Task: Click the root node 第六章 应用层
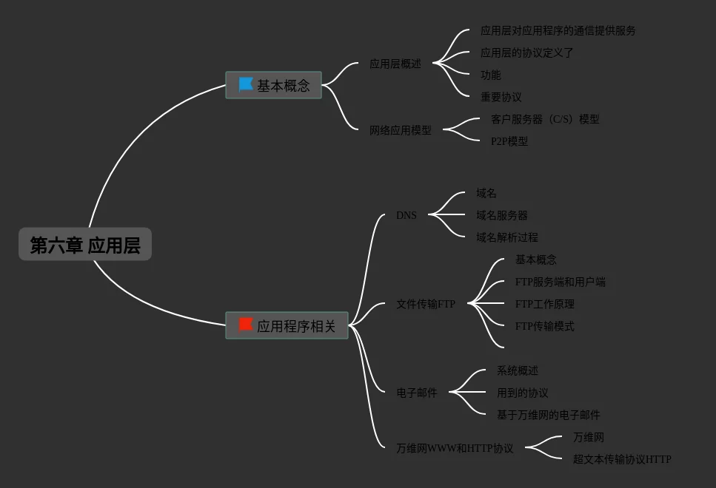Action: click(x=85, y=245)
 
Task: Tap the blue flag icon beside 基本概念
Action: click(x=246, y=85)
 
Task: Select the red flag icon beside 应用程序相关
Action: click(x=246, y=325)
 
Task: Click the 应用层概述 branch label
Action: click(x=395, y=64)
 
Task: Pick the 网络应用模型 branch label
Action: click(x=400, y=130)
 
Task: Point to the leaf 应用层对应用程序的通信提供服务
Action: click(x=558, y=30)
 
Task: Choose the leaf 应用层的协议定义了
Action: click(x=526, y=52)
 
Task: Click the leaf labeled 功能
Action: click(x=490, y=75)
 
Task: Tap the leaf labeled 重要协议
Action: click(x=501, y=97)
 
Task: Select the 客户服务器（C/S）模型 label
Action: click(x=544, y=119)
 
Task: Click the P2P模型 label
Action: click(x=509, y=141)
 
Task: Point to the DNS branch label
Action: click(x=406, y=215)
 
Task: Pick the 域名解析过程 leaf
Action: click(x=506, y=237)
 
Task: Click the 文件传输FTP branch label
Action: click(x=425, y=304)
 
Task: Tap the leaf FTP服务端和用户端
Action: click(x=560, y=282)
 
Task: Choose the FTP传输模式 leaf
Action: click(x=544, y=326)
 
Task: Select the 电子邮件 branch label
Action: click(x=416, y=393)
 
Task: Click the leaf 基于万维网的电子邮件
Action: click(x=548, y=415)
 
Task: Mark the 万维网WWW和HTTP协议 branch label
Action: click(x=454, y=448)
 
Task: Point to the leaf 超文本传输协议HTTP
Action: click(x=621, y=459)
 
